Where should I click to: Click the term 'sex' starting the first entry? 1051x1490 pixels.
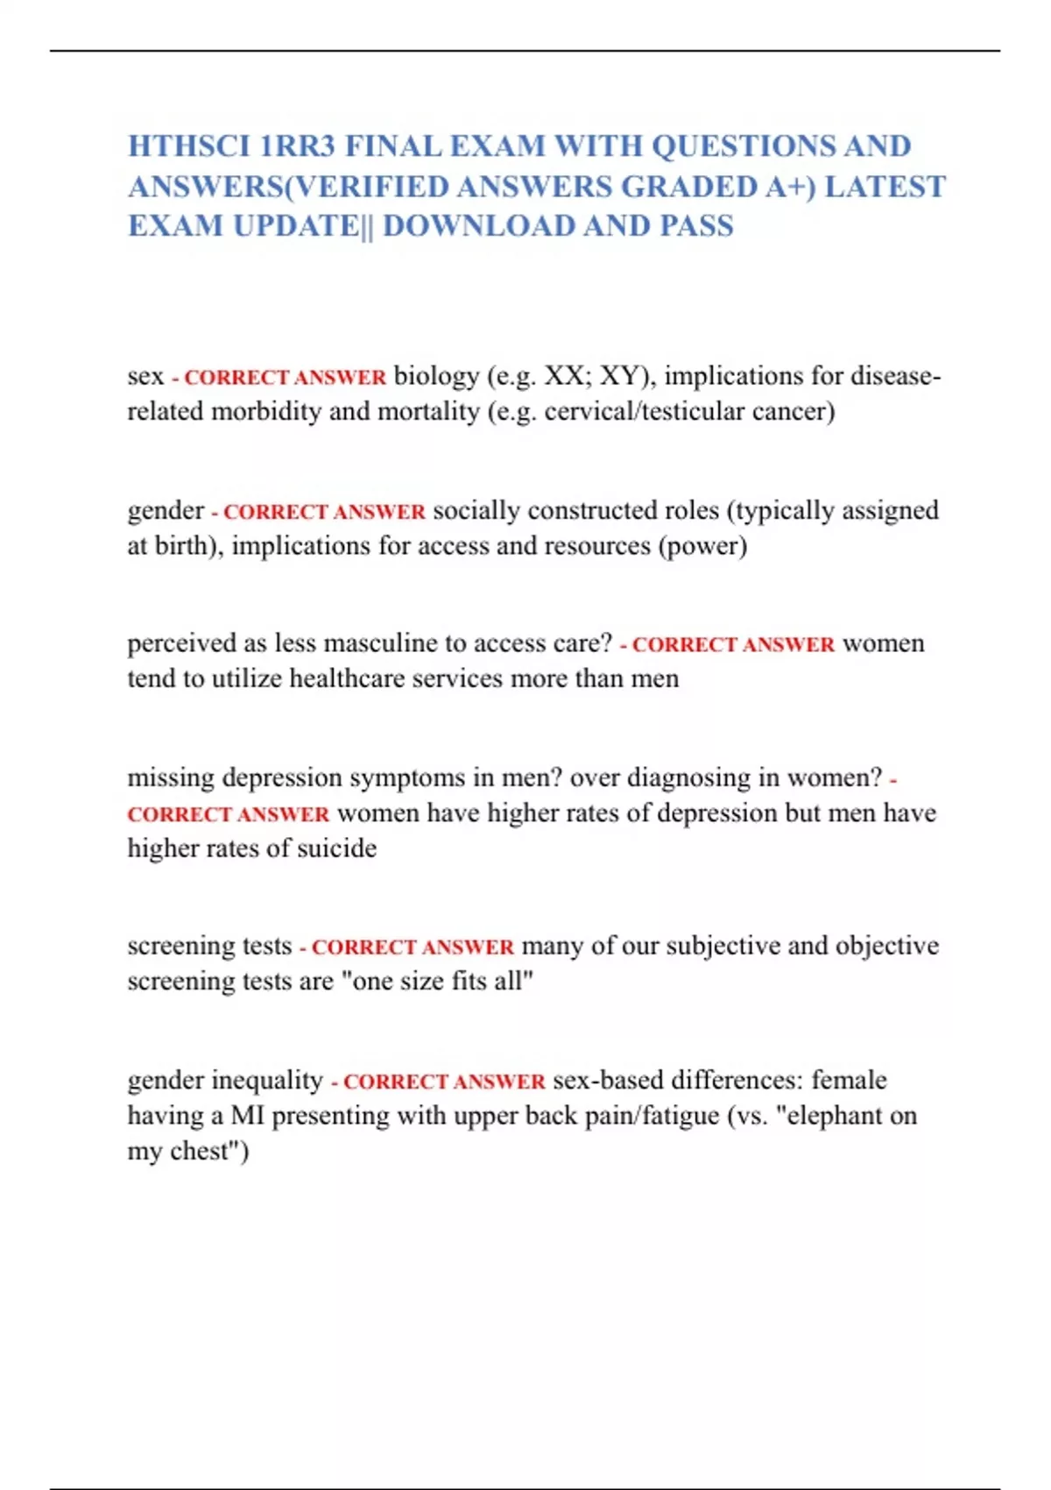[145, 377]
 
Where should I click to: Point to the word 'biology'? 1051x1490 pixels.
[436, 377]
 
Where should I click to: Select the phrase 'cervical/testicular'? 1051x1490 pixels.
[644, 412]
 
